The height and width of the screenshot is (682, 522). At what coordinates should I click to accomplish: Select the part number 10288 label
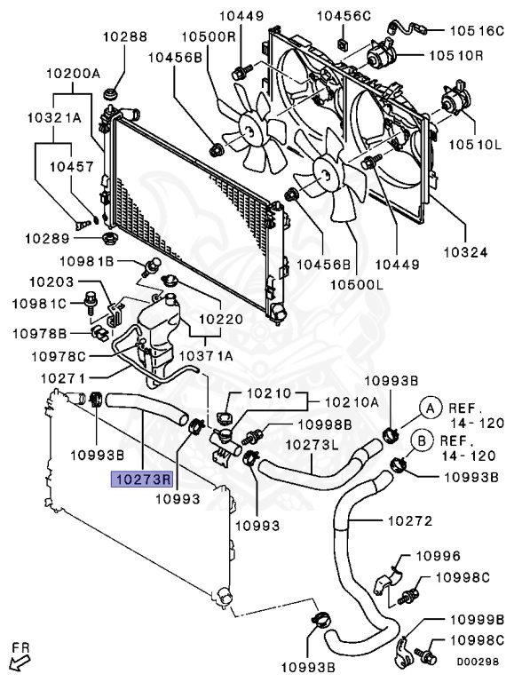pos(123,37)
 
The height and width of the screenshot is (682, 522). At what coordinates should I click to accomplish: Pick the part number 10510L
pos(479,144)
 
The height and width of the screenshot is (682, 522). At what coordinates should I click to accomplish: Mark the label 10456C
pos(346,16)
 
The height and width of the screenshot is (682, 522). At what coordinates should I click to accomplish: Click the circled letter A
pos(429,408)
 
